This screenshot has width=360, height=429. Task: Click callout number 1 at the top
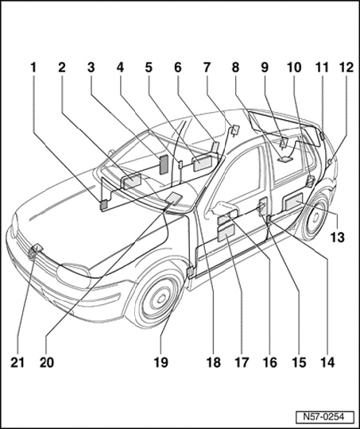(33, 68)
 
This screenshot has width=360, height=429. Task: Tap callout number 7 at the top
(207, 68)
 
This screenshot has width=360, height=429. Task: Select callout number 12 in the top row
(346, 68)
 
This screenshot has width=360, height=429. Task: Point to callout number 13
(338, 238)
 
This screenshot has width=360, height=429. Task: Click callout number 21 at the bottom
(17, 363)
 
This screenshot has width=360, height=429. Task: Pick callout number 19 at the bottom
(161, 363)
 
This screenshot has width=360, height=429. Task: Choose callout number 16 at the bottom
(270, 363)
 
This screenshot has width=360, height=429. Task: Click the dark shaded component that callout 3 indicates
(165, 164)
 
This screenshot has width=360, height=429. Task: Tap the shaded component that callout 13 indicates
(294, 202)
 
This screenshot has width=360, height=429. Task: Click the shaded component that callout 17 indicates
(226, 233)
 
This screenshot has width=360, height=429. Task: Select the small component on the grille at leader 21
(37, 248)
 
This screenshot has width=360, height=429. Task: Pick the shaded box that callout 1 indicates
(104, 205)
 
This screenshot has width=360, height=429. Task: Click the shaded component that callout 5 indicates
(202, 163)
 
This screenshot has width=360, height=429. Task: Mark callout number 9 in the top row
(265, 68)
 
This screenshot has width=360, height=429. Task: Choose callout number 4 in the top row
(120, 68)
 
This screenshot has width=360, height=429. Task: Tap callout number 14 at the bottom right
(327, 363)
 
